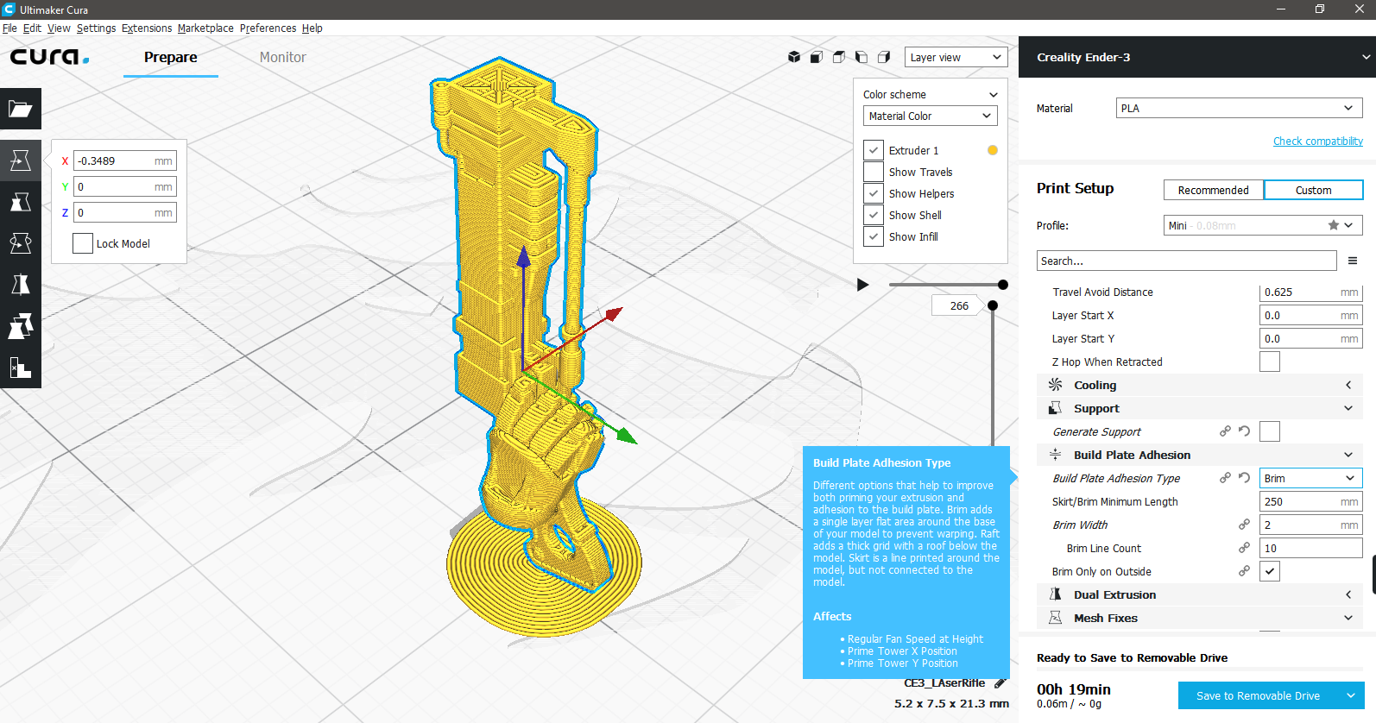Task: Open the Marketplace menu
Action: (205, 28)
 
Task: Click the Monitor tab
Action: (282, 57)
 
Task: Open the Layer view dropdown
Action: (956, 57)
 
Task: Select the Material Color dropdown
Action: (930, 116)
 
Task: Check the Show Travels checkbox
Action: (873, 172)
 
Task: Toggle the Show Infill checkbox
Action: (873, 236)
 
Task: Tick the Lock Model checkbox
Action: (82, 243)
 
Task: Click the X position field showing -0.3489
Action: (124, 160)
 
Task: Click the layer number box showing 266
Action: (958, 305)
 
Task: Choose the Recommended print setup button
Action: (1213, 191)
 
